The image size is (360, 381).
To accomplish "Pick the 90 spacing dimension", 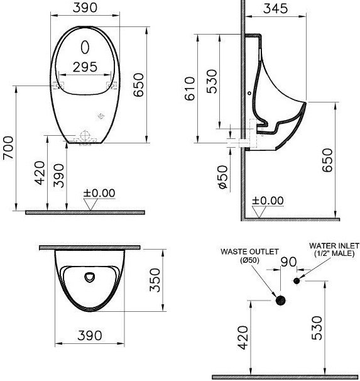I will click(x=288, y=261).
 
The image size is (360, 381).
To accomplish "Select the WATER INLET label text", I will click(x=332, y=245).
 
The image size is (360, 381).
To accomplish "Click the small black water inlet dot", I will click(x=297, y=280).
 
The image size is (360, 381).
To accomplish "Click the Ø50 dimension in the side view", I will click(x=223, y=177).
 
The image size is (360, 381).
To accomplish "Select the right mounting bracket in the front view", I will click(x=112, y=85).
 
